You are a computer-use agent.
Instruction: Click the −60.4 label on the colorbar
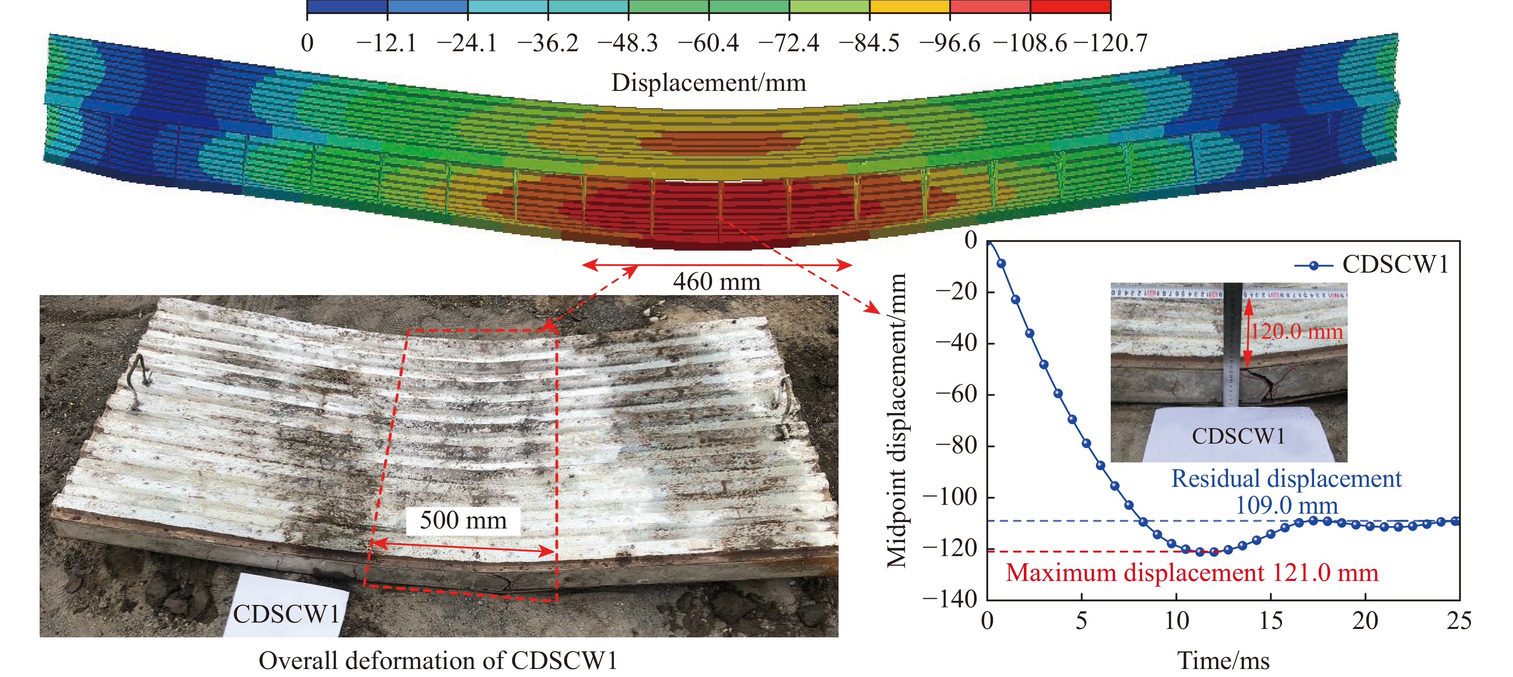coord(708,43)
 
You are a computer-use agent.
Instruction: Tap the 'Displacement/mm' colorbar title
coord(708,82)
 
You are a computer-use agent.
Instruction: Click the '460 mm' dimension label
coord(716,281)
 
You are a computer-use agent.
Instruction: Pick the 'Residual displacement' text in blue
coord(1286,479)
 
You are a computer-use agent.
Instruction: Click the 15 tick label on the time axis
coord(1270,621)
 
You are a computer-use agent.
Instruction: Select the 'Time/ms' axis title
coord(1224,661)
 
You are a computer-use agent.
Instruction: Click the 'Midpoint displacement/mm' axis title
coord(897,420)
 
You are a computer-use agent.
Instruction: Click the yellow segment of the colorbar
coord(909,6)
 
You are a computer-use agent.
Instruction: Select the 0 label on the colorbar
coord(307,43)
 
